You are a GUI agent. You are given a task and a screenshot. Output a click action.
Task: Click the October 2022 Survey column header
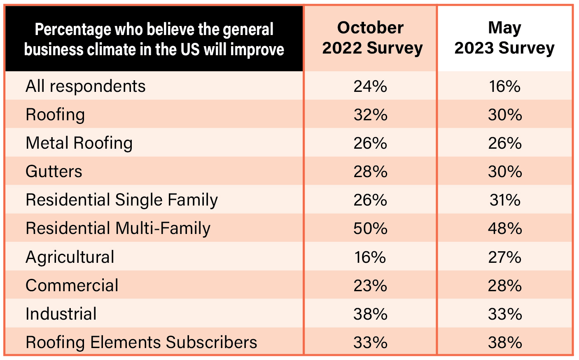tap(371, 38)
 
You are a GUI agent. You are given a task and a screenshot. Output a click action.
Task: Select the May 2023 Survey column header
tap(504, 38)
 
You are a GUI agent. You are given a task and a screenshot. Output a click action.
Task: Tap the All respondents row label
tap(86, 86)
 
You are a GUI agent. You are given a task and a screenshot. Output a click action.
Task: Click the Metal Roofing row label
tap(79, 143)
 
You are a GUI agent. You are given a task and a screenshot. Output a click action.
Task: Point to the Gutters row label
tap(54, 172)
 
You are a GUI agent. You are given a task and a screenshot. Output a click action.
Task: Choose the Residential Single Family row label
tap(121, 200)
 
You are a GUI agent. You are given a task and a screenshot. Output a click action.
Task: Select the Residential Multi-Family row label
tap(118, 229)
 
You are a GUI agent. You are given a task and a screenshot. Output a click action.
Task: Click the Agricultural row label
tap(70, 257)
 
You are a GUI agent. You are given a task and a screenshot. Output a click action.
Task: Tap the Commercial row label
tap(72, 285)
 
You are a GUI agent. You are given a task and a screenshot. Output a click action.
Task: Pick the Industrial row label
tap(61, 314)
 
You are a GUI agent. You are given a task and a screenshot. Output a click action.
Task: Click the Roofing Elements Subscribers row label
tap(141, 342)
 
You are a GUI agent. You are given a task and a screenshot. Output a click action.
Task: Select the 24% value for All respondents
tap(370, 86)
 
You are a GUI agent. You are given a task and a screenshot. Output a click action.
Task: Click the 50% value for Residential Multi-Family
tap(370, 229)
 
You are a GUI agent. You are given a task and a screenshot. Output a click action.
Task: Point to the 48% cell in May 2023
tap(505, 229)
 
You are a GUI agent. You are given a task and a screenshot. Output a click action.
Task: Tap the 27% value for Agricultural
tap(505, 257)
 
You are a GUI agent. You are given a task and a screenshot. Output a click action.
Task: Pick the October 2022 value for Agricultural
tap(370, 257)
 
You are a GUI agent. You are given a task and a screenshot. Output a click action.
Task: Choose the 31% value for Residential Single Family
tap(505, 200)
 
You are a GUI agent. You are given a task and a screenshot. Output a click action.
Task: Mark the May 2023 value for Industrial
tap(505, 314)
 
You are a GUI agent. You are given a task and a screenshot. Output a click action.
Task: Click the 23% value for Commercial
tap(370, 285)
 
